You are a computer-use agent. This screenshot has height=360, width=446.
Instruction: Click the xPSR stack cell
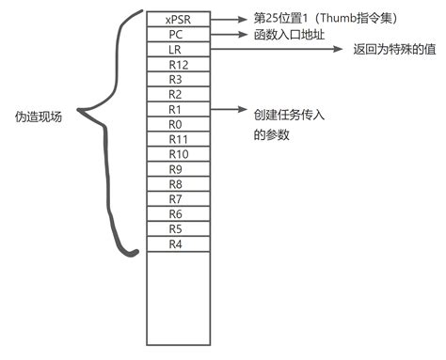175,18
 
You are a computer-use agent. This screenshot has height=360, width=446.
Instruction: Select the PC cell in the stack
175,33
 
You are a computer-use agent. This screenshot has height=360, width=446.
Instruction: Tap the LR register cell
175,48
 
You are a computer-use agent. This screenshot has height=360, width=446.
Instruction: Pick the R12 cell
175,64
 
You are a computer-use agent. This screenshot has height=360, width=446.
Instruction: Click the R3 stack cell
175,79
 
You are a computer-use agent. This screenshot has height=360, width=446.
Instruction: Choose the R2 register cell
175,94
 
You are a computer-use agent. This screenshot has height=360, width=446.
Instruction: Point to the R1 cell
175,109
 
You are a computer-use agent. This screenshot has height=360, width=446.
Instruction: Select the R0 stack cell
175,124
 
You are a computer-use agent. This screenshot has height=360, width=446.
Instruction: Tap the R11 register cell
175,139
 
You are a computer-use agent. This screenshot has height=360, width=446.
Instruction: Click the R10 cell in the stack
175,154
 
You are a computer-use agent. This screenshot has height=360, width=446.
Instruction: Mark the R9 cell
175,169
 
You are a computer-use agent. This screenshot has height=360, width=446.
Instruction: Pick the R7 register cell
175,199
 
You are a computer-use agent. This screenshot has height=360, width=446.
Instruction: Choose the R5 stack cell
175,229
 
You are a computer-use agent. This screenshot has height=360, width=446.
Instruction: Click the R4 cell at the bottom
175,244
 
